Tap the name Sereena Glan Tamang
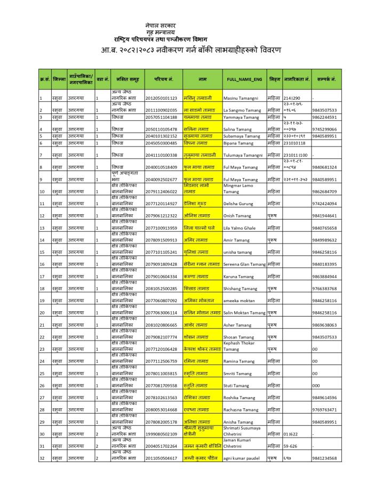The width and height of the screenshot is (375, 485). click(244, 264)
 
